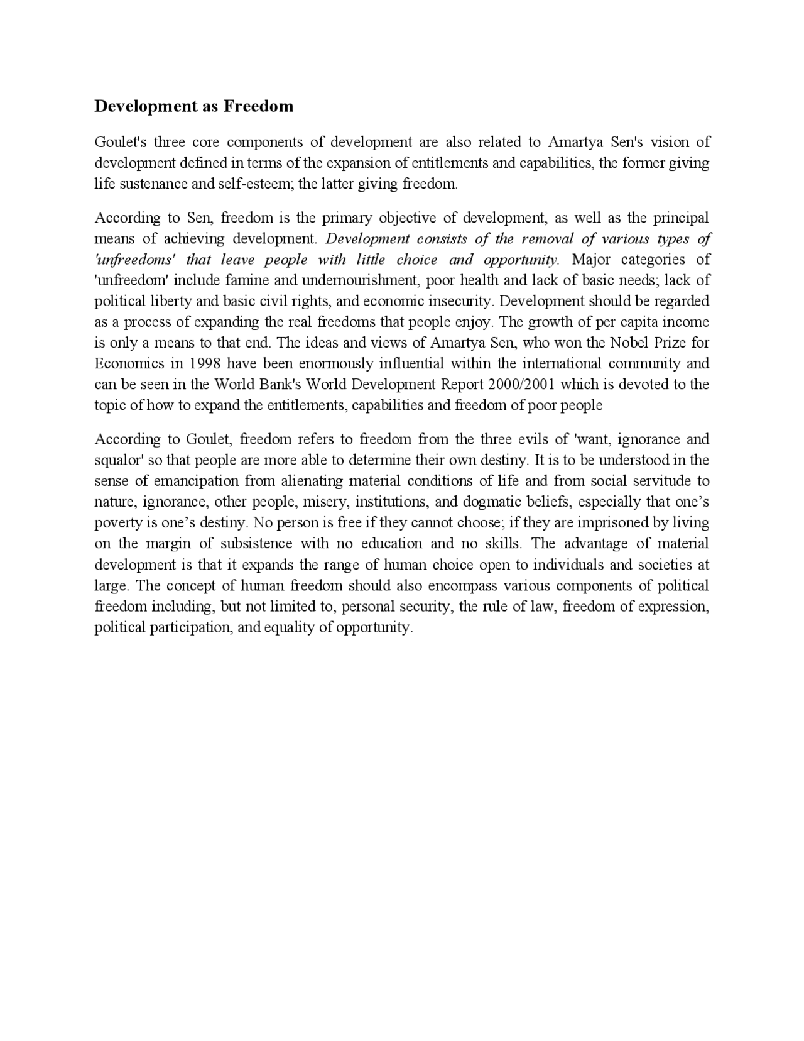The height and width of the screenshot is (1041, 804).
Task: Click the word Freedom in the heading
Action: [x=259, y=106]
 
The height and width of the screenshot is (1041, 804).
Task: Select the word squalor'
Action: [x=119, y=460]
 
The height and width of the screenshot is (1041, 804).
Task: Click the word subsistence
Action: [x=256, y=544]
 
